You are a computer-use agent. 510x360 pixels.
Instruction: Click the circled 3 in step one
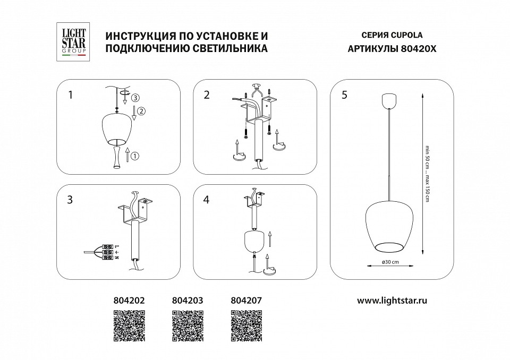(x=135, y=98)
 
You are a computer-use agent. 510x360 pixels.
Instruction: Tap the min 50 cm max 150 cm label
(x=427, y=173)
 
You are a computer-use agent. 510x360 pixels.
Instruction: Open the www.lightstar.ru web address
(x=392, y=300)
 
